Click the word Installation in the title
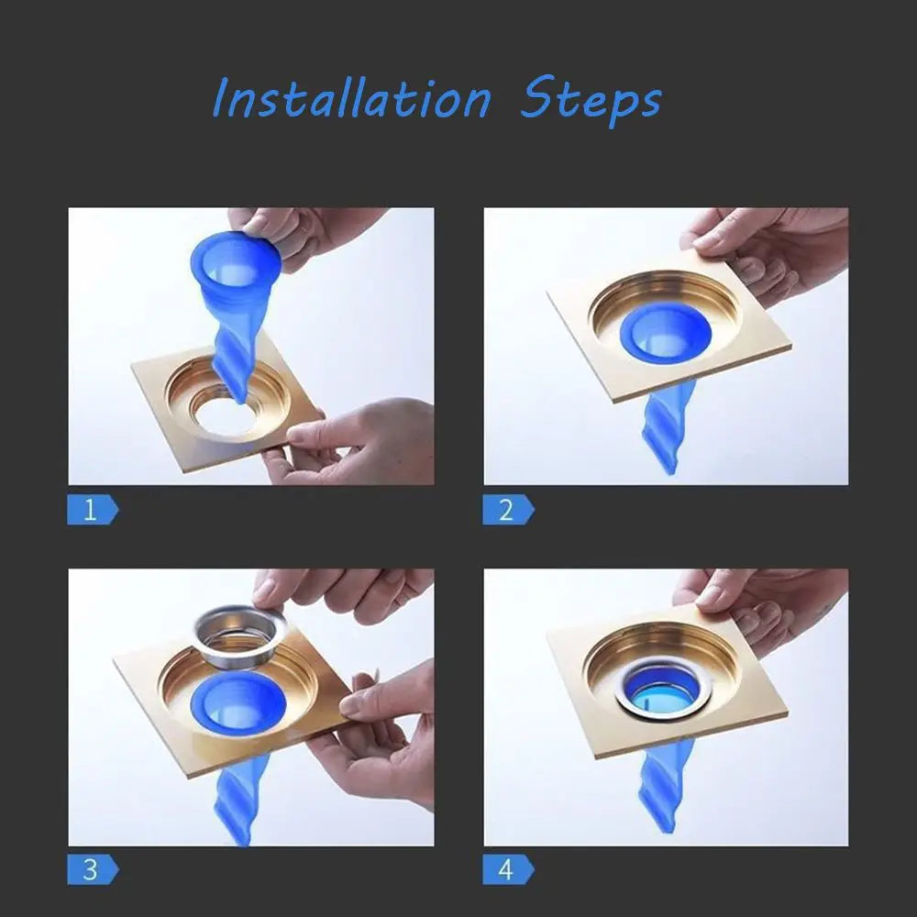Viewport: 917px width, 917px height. (x=351, y=98)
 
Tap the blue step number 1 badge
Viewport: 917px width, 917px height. (x=93, y=509)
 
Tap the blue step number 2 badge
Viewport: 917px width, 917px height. (x=508, y=509)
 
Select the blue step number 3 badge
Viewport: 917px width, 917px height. (x=93, y=869)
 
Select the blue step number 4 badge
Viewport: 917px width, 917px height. (x=508, y=869)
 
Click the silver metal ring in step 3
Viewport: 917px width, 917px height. (x=240, y=636)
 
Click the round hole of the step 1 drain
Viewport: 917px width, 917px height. (x=223, y=416)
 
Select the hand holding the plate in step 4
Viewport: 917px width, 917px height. (x=766, y=608)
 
